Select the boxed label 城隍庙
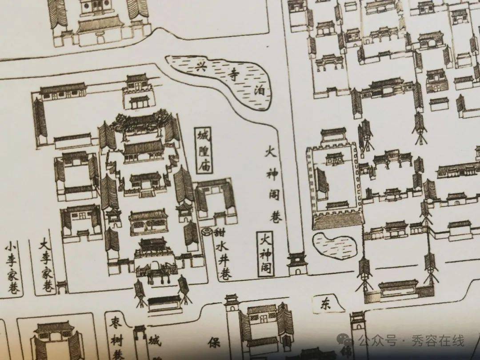[x=204, y=150]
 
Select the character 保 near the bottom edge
[x=214, y=343]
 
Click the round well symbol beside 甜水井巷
[x=208, y=232]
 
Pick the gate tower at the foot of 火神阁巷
[x=297, y=263]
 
